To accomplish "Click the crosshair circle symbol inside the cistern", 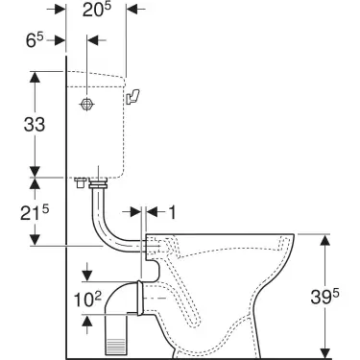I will (86, 103).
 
